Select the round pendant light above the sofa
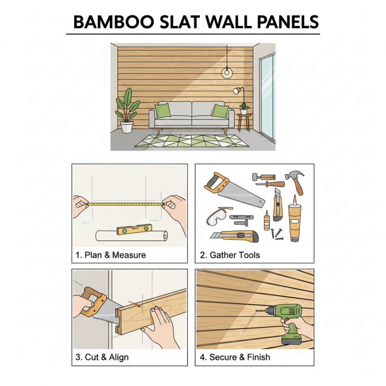tap(226, 72)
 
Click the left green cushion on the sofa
tap(163, 110)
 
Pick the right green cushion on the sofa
tap(220, 111)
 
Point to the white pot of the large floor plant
tap(127, 127)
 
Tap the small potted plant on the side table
tap(244, 108)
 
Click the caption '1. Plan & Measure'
tap(110, 255)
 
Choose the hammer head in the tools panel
tap(291, 176)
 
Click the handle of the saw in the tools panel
tap(216, 182)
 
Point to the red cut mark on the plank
tap(137, 304)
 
